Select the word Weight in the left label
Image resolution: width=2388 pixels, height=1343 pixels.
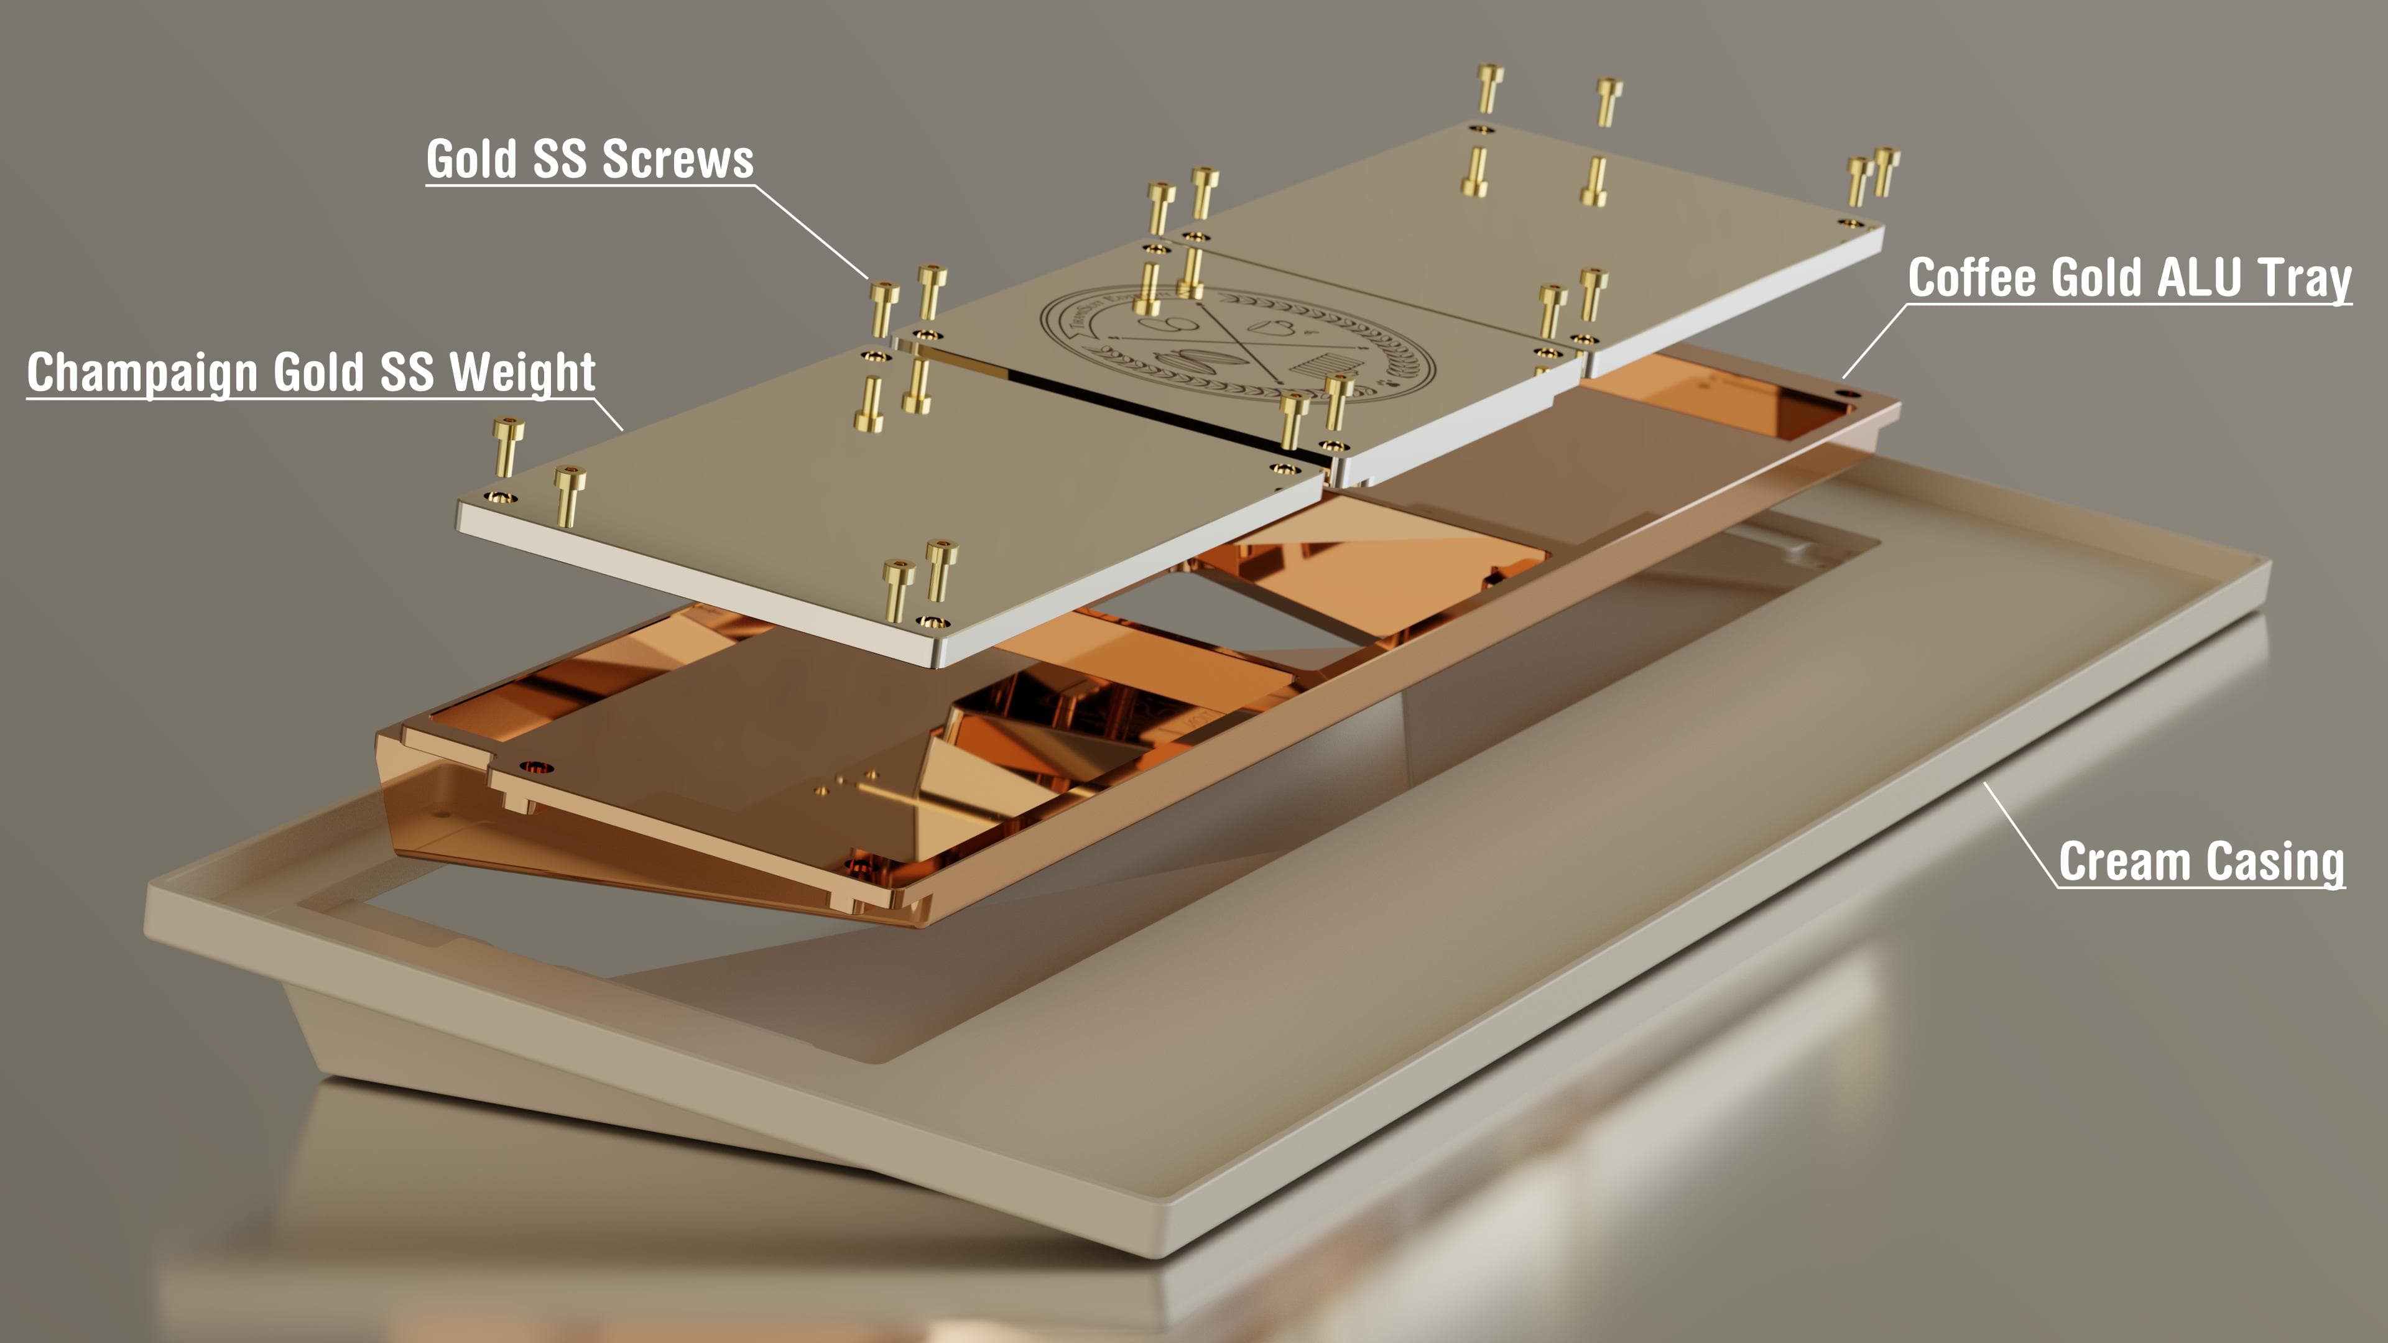[x=522, y=372]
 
